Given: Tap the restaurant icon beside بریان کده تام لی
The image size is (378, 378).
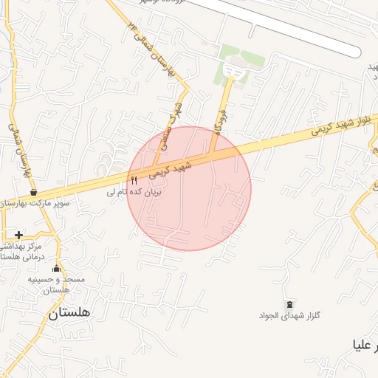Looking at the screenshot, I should tap(134, 179).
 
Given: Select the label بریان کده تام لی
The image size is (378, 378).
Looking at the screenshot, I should tap(134, 191).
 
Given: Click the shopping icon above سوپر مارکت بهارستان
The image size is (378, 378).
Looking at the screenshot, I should tap(34, 192).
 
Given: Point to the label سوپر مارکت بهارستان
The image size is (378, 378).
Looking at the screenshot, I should tap(35, 202).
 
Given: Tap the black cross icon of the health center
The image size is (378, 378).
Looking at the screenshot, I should tap(18, 235).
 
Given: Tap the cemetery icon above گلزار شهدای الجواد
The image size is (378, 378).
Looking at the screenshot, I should tap(289, 304).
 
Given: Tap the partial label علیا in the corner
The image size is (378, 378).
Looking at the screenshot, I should tap(367, 345).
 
